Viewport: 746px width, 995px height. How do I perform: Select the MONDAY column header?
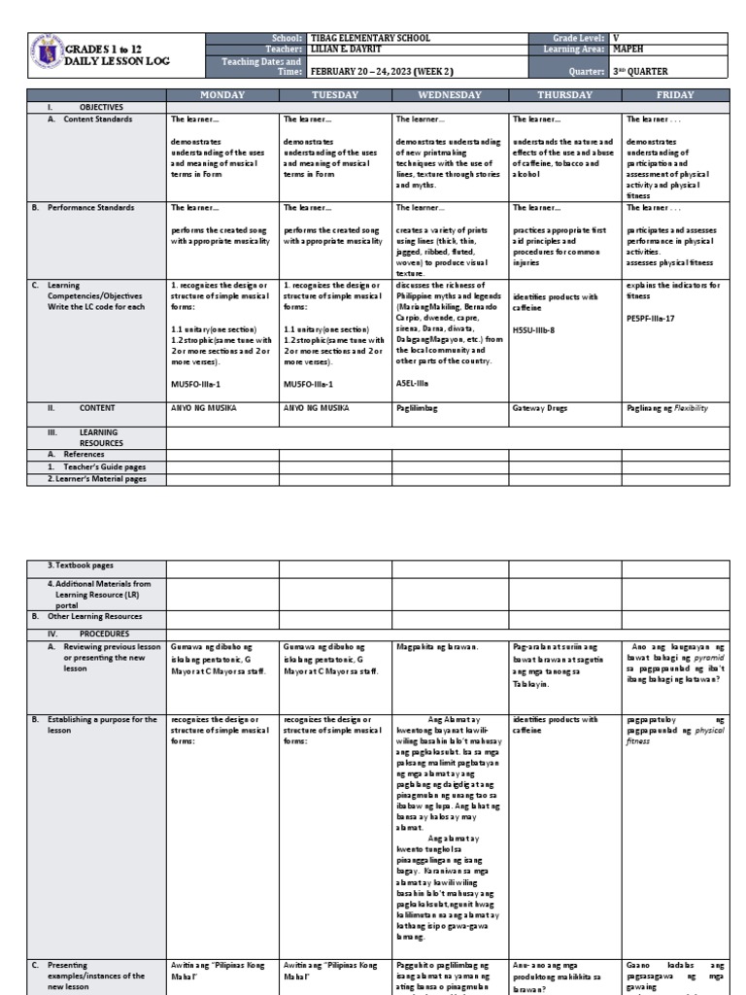(x=222, y=95)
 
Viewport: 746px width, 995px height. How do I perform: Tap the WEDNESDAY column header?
(x=449, y=95)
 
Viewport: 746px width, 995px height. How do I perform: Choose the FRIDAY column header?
(x=675, y=95)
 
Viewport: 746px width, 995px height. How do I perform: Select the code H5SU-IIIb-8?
(x=533, y=329)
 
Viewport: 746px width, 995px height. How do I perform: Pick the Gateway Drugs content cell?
(x=538, y=409)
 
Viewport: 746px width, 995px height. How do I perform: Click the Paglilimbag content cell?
(x=418, y=409)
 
